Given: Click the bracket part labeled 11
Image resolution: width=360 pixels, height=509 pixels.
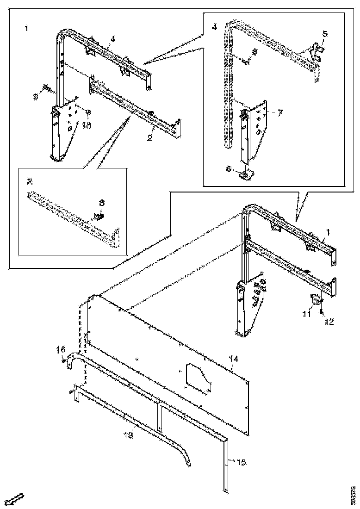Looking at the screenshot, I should click(x=314, y=300).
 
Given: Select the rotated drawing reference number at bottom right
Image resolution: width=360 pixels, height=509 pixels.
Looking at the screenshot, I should click(x=353, y=495).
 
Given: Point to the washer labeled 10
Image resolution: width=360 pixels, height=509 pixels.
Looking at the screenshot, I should click(x=88, y=111).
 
